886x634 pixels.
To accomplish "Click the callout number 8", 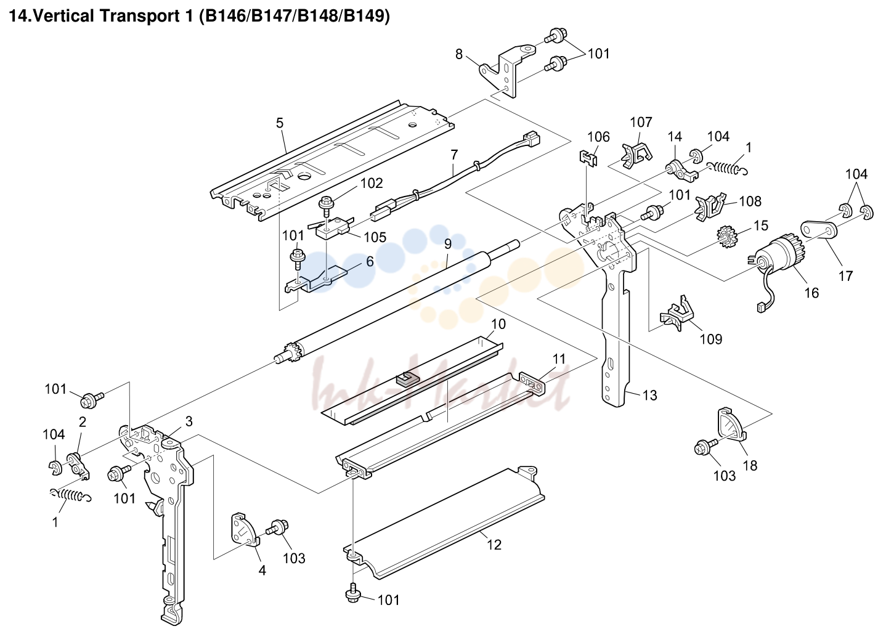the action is [x=459, y=54].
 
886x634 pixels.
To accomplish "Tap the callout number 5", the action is [x=280, y=123].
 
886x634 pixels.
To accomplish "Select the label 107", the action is [x=641, y=122].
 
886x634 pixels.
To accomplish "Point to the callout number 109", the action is [x=711, y=339].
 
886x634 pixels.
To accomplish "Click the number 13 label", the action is [x=649, y=395].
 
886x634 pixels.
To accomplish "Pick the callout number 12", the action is [x=494, y=545].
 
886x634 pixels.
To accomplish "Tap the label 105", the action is [x=375, y=237].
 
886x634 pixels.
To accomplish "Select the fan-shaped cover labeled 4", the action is [x=244, y=529].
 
